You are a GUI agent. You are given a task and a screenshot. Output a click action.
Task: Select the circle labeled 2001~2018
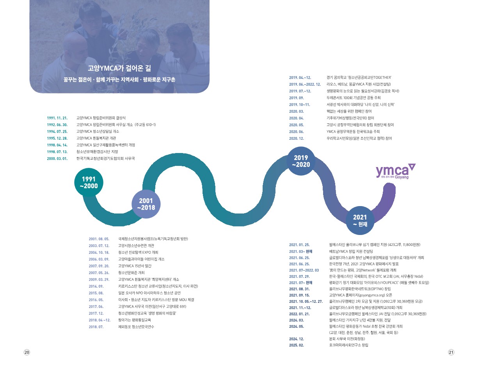tap(146, 204)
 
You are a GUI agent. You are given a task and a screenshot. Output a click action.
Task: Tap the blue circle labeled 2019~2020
tap(301, 161)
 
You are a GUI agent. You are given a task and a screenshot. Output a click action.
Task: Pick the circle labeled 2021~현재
tap(360, 221)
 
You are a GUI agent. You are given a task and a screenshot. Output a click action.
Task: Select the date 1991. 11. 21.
tap(57, 117)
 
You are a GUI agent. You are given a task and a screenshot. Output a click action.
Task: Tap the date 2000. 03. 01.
tap(57, 158)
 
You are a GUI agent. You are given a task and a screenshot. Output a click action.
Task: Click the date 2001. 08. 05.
tap(99, 238)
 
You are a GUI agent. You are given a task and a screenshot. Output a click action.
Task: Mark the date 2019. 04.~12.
tap(300, 77)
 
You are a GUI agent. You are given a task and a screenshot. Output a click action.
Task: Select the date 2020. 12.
tap(296, 138)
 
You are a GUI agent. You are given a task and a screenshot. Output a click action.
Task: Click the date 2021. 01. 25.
tap(299, 245)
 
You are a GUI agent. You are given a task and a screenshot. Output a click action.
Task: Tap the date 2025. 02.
tap(296, 345)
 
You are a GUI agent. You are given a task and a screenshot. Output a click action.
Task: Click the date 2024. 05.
tap(296, 326)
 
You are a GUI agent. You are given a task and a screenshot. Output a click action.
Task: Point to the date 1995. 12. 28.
tap(57, 138)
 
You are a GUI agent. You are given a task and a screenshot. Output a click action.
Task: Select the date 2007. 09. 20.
tap(99, 266)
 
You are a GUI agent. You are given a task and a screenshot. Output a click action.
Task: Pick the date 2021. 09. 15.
tap(299, 295)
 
